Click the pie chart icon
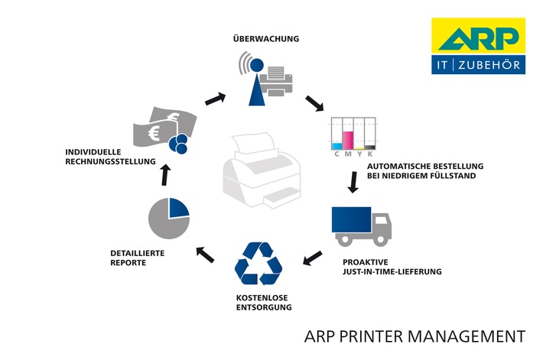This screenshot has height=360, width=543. click(x=168, y=218)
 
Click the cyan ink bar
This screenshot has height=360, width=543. click(x=337, y=144)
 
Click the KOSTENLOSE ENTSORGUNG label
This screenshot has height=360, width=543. click(x=258, y=302)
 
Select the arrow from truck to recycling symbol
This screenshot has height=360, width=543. click(x=312, y=258)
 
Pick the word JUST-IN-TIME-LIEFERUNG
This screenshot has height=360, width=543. click(x=392, y=271)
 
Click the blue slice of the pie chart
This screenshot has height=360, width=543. click(x=178, y=208)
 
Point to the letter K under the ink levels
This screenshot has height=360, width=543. click(x=370, y=154)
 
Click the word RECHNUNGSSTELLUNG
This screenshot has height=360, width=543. click(x=110, y=161)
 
